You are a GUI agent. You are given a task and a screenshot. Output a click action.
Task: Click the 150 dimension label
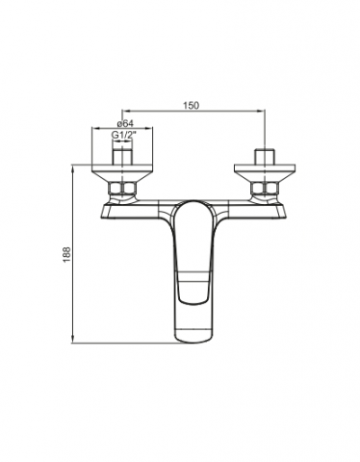(191, 105)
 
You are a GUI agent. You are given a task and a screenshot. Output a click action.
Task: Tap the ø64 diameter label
(125, 123)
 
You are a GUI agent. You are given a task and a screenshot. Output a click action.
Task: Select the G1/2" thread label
(122, 135)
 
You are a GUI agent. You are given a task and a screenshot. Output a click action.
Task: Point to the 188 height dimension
(66, 255)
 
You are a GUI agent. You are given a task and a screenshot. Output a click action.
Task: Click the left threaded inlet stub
(122, 157)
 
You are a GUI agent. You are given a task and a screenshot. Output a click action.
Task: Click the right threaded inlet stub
(265, 157)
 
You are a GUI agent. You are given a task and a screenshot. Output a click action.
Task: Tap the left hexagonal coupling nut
(122, 188)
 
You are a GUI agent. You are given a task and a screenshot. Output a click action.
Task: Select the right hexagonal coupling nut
(265, 188)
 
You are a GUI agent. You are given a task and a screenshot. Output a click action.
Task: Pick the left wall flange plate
(122, 168)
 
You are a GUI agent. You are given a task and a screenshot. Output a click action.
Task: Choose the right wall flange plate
(265, 168)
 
